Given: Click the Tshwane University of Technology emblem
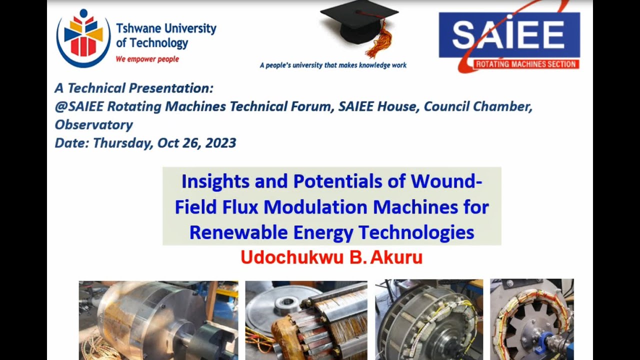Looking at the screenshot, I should pos(83,37).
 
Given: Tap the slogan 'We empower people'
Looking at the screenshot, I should pos(147,59).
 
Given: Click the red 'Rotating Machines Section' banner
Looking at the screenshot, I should pos(526,64).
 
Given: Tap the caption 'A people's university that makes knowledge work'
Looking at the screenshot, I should pos(333,65).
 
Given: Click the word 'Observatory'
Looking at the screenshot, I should pos(94,124).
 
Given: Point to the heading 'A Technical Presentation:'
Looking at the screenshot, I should pos(134,88).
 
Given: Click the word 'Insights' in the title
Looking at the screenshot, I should pos(215,181).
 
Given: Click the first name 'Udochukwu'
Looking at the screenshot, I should pos(290,257).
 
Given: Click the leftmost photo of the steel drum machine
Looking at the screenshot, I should pos(158,320).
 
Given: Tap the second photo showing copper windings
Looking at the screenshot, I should pos(306,320).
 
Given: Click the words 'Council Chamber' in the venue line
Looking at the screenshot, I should pos(478,106).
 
